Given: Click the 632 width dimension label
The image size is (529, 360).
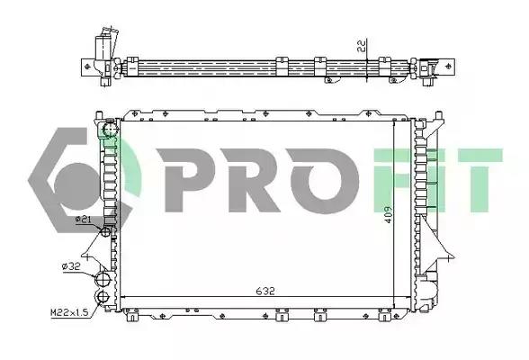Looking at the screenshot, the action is click(265, 291).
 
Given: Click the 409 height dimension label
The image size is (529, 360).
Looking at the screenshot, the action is click(389, 214).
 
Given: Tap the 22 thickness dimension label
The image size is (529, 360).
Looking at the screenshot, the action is click(362, 46).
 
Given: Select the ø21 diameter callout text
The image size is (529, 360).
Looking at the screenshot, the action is click(84, 220).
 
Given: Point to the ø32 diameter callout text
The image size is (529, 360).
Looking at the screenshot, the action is click(71, 266).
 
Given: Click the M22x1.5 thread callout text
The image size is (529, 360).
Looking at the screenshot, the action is click(69, 313).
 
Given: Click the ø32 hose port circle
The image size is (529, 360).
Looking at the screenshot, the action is click(103, 279).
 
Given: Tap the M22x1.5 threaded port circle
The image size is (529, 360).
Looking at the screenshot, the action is click(103, 297).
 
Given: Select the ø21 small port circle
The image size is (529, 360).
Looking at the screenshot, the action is click(106, 231).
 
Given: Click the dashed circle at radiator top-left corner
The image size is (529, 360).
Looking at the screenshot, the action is click(109, 130).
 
